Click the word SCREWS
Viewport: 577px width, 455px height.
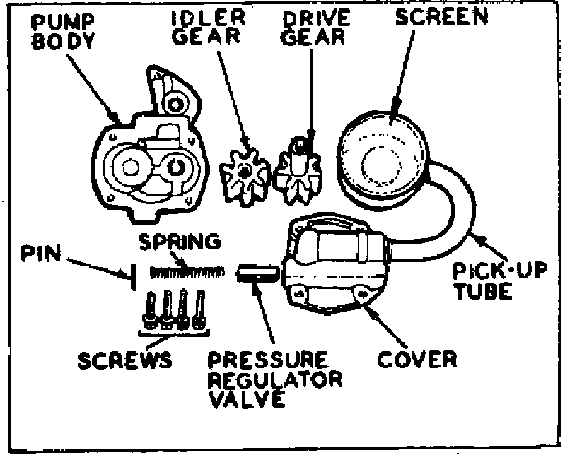125,360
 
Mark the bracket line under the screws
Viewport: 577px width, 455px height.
173,330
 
